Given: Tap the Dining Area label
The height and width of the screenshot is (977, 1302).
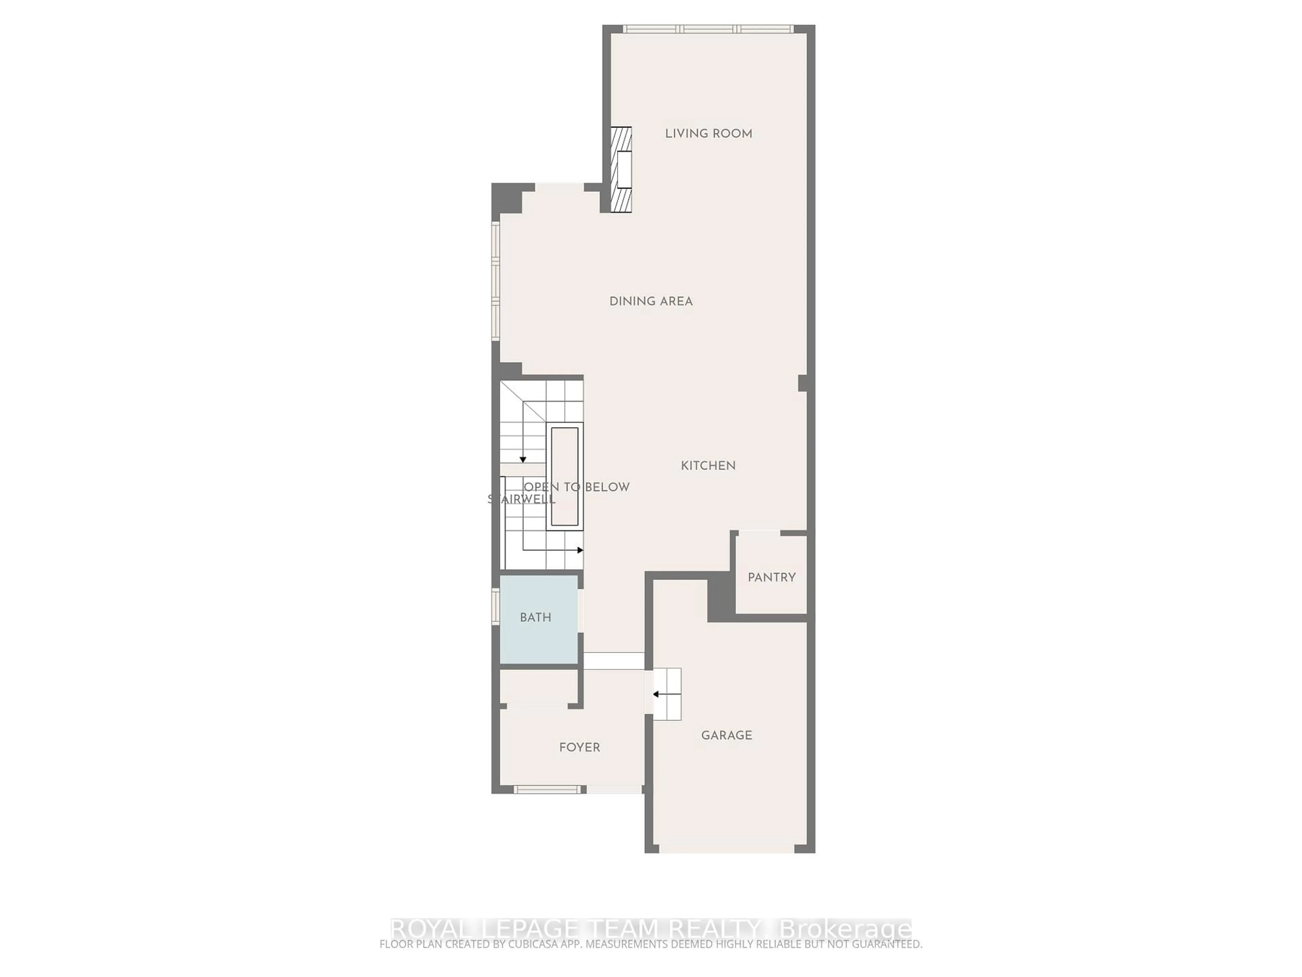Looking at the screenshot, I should [x=650, y=302].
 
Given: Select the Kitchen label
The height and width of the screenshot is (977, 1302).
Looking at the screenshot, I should [x=708, y=466].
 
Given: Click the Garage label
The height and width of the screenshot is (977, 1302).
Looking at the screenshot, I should [x=726, y=735].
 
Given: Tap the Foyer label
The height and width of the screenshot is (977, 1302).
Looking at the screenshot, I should [x=579, y=747].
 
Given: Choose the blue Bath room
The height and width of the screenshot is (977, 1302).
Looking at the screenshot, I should [x=538, y=618].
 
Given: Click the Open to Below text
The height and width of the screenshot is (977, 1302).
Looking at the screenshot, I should [x=577, y=487].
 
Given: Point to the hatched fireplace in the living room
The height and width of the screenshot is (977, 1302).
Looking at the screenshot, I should [x=620, y=170].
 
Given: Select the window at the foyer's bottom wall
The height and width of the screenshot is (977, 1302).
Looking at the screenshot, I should [x=547, y=789].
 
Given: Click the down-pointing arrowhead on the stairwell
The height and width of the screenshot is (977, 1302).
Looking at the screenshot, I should [x=523, y=459].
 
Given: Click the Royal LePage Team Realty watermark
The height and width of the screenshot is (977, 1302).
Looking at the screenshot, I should [x=650, y=929].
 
